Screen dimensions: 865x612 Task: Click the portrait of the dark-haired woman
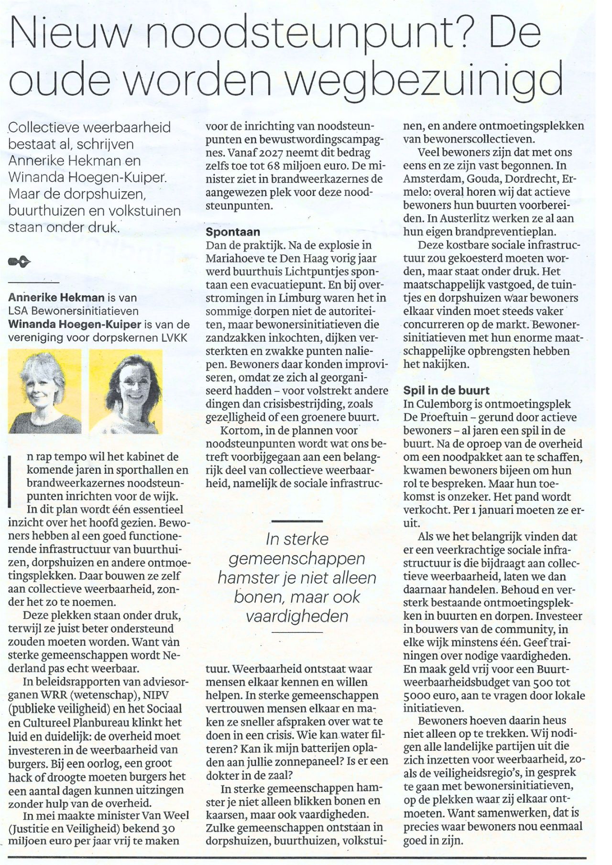(126, 391)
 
